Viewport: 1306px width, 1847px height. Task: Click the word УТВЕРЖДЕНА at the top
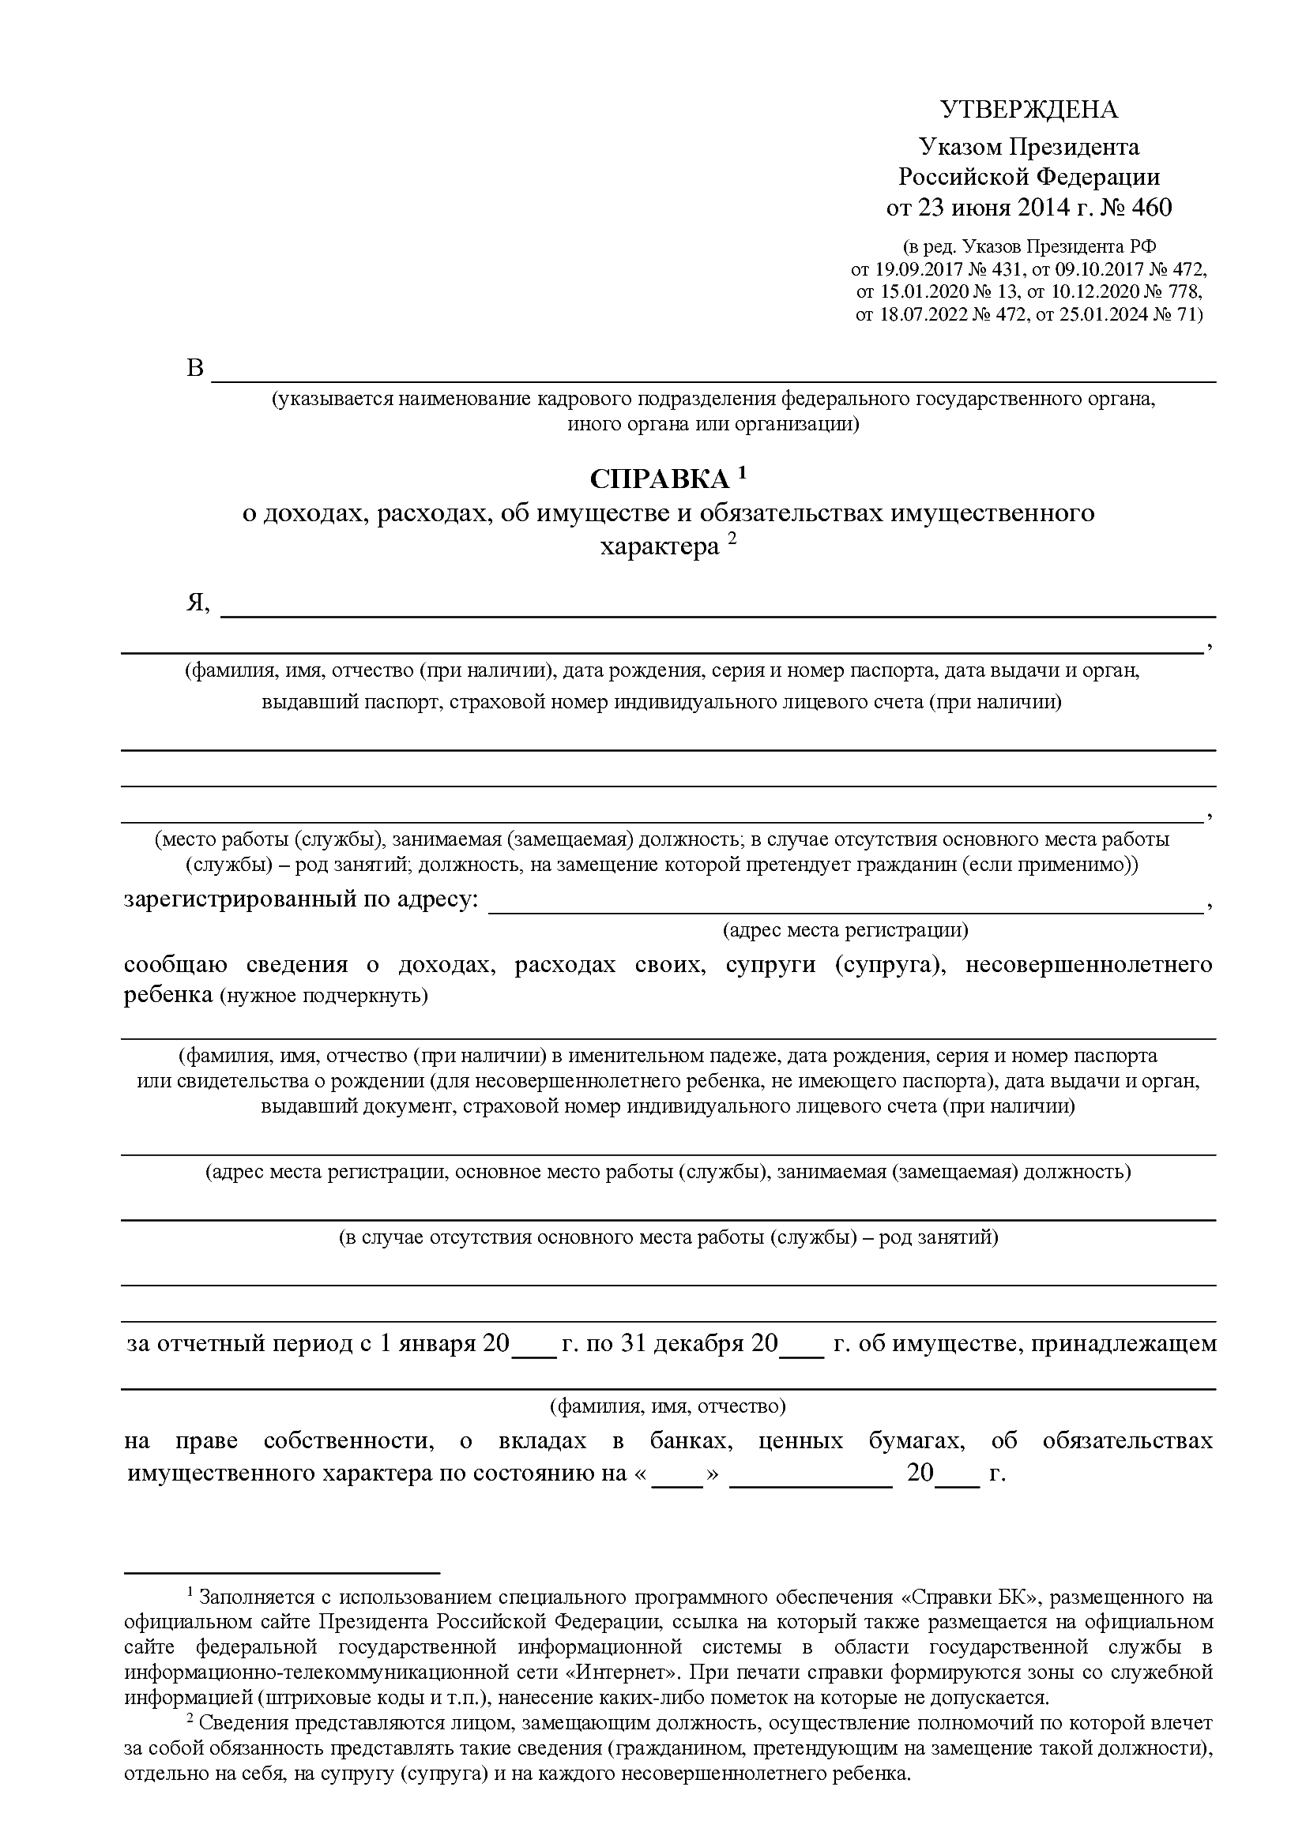[1029, 110]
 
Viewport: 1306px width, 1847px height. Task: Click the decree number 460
[1151, 208]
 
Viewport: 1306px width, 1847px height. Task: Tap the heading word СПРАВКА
[659, 480]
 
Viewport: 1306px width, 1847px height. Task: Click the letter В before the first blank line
[195, 369]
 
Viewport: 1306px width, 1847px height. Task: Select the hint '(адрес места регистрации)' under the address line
[845, 930]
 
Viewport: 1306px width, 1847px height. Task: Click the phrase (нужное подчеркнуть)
[323, 996]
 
